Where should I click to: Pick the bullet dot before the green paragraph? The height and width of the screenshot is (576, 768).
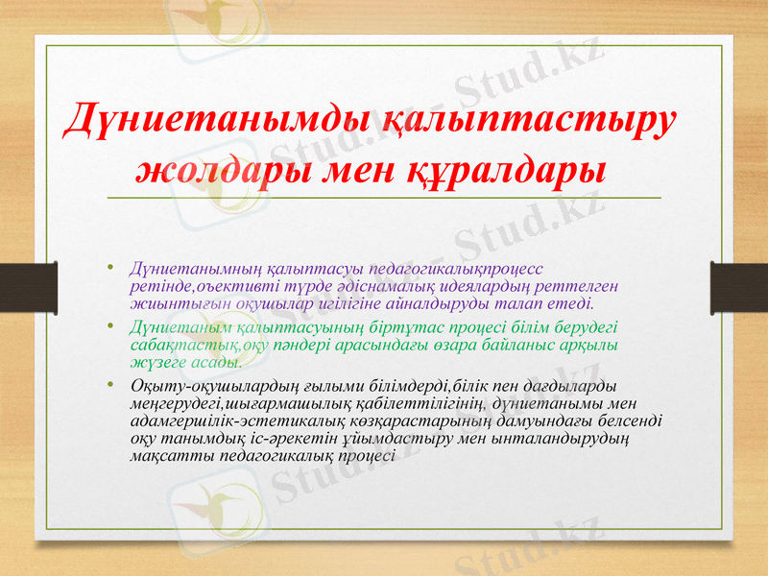click(x=111, y=324)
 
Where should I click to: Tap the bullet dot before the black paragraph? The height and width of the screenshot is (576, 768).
click(x=111, y=384)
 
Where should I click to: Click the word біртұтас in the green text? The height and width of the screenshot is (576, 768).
click(x=374, y=327)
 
